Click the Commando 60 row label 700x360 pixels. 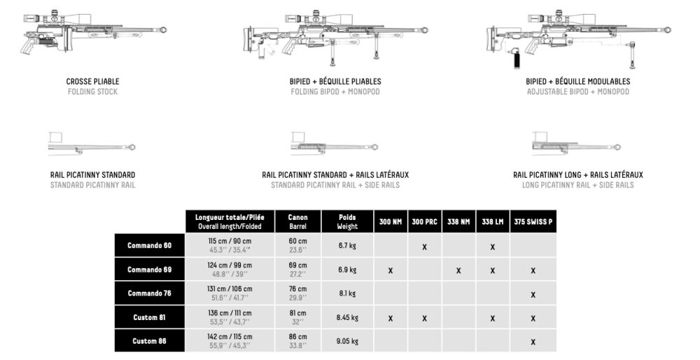click(150, 246)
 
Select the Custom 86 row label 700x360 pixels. click(150, 341)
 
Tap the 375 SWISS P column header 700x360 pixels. click(533, 222)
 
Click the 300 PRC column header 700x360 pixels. click(424, 222)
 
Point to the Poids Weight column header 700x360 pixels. click(347, 222)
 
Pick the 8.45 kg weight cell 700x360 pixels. click(347, 317)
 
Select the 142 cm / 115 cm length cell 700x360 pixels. click(230, 341)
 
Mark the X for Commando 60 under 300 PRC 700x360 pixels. click(424, 247)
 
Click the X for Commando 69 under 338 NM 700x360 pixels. click(458, 270)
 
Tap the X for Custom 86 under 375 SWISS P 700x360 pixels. click(533, 342)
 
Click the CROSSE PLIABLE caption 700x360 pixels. click(92, 81)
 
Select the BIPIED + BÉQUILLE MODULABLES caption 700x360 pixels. click(577, 81)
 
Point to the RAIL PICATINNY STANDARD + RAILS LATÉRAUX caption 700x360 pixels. click(335, 174)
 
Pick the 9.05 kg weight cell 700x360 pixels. click(347, 341)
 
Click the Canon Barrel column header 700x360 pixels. click(298, 222)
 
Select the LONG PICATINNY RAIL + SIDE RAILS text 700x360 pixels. click(577, 185)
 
